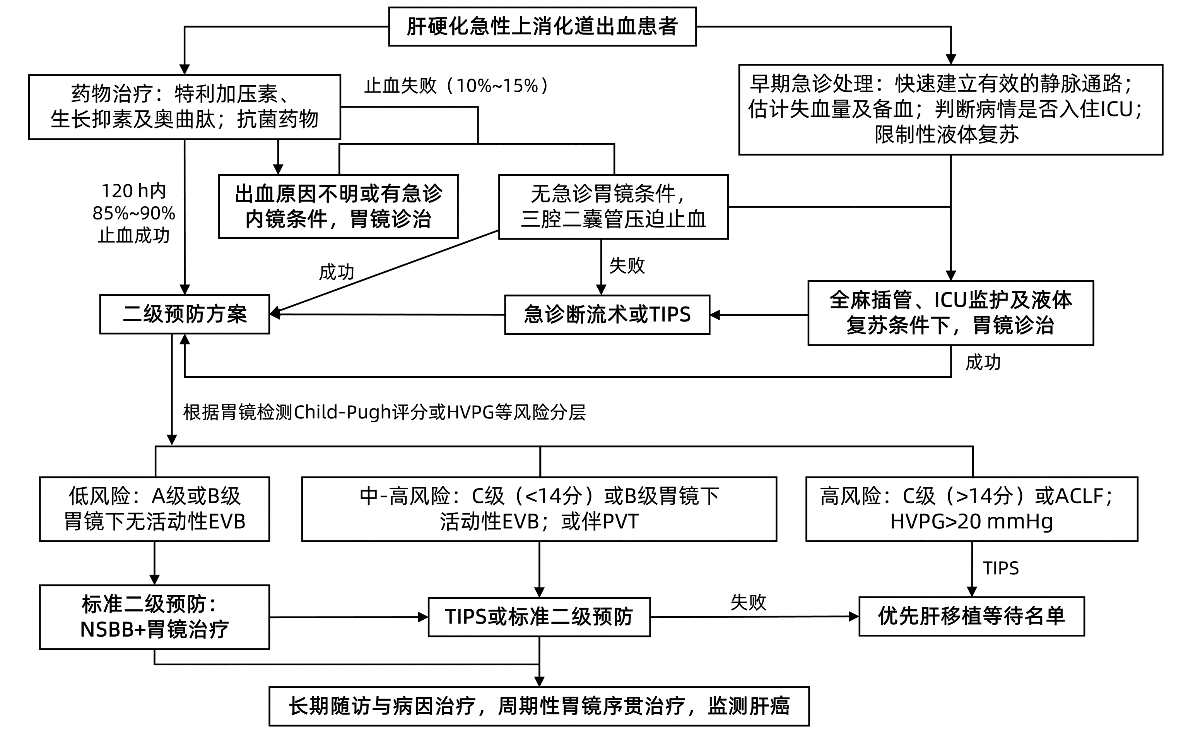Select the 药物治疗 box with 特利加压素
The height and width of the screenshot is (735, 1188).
tap(184, 107)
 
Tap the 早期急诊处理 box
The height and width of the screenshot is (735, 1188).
tap(950, 110)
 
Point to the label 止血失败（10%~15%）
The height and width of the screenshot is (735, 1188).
tap(457, 86)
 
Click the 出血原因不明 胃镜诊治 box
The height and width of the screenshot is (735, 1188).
tap(338, 207)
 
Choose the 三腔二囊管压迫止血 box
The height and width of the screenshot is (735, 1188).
tap(613, 207)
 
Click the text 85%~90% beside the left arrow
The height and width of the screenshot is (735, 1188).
tap(133, 213)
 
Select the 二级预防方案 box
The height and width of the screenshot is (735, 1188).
tap(184, 314)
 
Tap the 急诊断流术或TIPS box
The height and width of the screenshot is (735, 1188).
tap(607, 315)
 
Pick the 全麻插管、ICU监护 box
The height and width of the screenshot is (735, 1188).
tap(950, 313)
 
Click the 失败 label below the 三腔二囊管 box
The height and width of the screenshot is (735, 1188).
tap(626, 266)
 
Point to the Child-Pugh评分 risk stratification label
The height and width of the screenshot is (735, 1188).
tap(384, 412)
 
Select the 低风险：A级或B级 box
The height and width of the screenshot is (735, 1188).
tap(154, 509)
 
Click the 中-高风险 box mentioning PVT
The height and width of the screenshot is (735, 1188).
tap(539, 509)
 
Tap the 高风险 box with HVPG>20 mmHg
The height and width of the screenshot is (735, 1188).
tap(971, 509)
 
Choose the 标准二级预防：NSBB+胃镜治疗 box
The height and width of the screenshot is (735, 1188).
tap(154, 617)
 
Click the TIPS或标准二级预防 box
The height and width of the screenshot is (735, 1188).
tap(539, 617)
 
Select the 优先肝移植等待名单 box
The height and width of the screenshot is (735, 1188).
tap(971, 617)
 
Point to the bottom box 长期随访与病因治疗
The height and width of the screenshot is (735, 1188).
tap(539, 706)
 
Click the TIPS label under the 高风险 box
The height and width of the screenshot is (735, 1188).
tap(1000, 568)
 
